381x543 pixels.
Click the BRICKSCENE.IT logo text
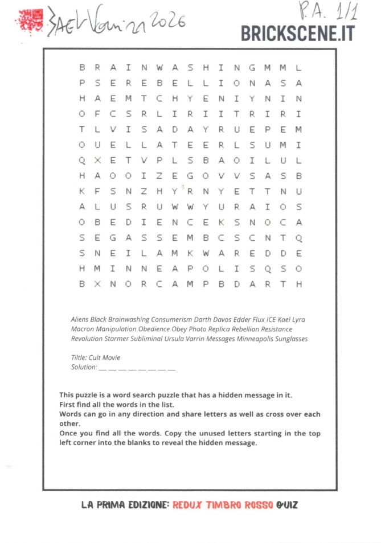click(297, 34)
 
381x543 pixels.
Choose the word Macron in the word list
click(82, 329)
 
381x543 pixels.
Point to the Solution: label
click(83, 367)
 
